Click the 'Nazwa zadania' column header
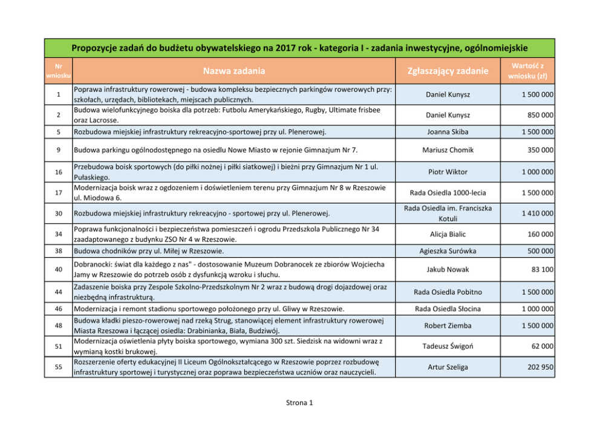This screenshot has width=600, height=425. tap(233, 71)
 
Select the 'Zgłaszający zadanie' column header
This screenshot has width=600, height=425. tap(448, 71)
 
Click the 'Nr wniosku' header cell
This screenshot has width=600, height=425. tap(58, 71)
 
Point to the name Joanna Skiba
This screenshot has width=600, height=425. tap(448, 131)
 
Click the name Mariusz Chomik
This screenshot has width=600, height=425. tap(448, 150)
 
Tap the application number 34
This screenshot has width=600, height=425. tap(58, 234)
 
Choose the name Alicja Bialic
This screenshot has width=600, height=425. tap(448, 234)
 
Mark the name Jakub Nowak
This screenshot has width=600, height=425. tap(448, 269)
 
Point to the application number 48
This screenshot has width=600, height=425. tap(58, 326)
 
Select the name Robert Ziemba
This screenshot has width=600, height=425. tap(448, 326)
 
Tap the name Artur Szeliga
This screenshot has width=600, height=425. tap(448, 367)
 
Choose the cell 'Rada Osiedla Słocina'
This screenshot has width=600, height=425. tap(448, 309)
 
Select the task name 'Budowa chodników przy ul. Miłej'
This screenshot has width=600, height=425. tap(148, 251)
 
